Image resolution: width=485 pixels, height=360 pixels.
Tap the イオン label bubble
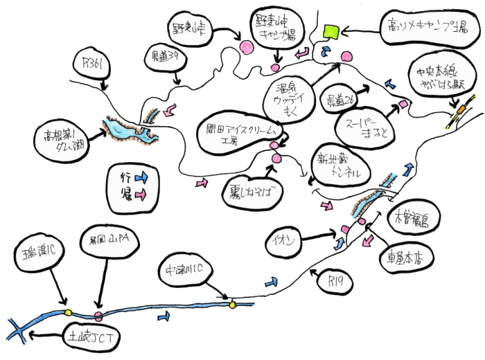[x=285, y=241]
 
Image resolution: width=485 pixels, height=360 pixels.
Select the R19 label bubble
[x=335, y=281]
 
